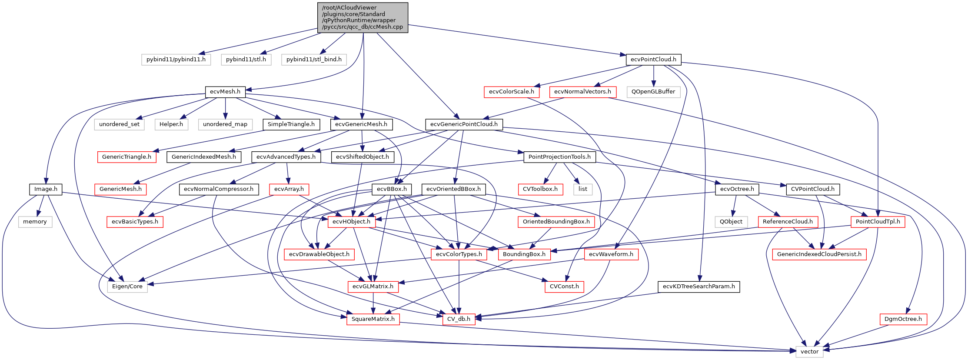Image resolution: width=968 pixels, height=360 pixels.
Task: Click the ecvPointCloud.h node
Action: coord(653,60)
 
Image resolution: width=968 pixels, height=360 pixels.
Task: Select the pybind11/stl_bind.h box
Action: coord(314,60)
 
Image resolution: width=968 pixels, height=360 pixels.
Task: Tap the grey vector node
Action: coord(809,352)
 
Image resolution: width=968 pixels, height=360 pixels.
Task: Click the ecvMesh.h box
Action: coord(225,92)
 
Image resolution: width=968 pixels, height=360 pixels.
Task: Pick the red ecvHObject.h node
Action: coord(351,222)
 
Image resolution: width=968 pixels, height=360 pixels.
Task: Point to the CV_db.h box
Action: coord(459,319)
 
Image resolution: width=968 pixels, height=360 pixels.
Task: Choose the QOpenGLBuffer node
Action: coord(653,92)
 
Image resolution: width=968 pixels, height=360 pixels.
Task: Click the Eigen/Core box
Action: coord(127,287)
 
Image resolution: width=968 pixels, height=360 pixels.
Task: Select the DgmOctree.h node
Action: coord(903,319)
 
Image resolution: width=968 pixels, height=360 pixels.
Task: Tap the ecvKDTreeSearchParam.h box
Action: coord(699,287)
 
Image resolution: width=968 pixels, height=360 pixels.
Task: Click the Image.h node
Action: coord(46,189)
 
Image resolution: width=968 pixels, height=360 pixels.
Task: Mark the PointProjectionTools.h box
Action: coord(559,157)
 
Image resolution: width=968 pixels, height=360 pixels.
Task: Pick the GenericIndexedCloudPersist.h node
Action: coord(819,254)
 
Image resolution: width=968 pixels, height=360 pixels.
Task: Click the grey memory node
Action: coord(35,222)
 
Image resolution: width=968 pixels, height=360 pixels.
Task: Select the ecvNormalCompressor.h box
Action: coord(219,189)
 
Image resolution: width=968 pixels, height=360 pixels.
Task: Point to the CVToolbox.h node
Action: coord(540,189)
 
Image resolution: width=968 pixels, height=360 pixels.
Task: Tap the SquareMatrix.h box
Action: coord(373,319)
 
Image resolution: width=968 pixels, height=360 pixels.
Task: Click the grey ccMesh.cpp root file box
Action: coord(363,17)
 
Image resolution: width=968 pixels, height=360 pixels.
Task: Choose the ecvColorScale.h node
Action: coord(511,92)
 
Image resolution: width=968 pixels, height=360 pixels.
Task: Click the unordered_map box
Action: coord(225,124)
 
